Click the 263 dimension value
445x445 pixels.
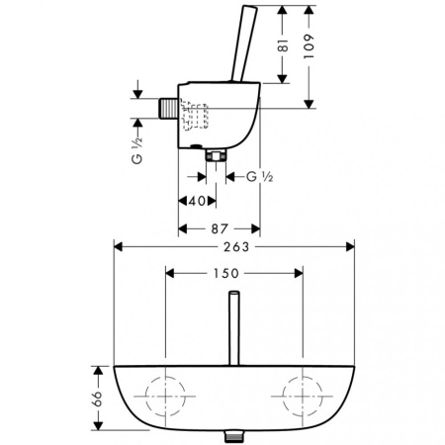(x=236, y=246)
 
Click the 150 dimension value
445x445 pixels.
(x=226, y=273)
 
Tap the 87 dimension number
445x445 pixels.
(x=220, y=228)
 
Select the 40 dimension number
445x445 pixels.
(x=198, y=201)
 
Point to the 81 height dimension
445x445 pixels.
(x=283, y=45)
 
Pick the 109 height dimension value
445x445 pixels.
(x=309, y=46)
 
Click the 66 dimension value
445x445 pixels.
(x=98, y=399)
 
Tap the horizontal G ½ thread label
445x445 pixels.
(x=260, y=177)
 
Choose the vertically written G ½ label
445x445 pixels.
(x=137, y=150)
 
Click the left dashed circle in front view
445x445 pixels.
(x=145, y=397)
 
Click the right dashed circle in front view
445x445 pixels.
(x=283, y=396)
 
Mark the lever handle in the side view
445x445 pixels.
(x=244, y=44)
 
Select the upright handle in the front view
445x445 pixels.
(x=234, y=328)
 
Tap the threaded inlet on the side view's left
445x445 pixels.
(x=168, y=108)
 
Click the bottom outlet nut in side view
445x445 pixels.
(x=216, y=155)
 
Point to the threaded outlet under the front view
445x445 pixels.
(x=234, y=436)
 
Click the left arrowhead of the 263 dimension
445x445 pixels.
(x=118, y=246)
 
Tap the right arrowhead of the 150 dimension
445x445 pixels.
(x=299, y=273)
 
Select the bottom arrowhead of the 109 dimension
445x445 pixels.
(x=309, y=104)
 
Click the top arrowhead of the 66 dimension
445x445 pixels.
(x=98, y=370)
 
